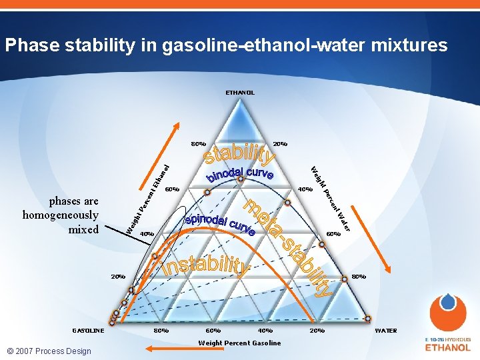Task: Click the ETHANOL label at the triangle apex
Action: (x=239, y=93)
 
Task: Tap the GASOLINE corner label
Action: (x=88, y=331)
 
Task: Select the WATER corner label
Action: (x=386, y=331)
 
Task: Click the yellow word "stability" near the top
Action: (x=239, y=151)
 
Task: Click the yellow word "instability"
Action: (x=207, y=263)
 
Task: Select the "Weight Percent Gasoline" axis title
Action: (x=239, y=343)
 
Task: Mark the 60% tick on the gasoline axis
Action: (x=213, y=331)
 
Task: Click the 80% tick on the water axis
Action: (x=359, y=276)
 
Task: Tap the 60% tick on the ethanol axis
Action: (x=172, y=189)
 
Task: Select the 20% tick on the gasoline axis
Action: (x=317, y=331)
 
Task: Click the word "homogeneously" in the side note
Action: (x=61, y=215)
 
